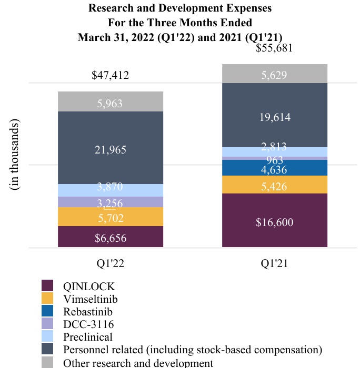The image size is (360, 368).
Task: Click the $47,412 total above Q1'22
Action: coord(110,75)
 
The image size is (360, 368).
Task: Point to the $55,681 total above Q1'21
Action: coord(274,48)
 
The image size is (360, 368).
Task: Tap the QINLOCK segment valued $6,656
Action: coord(110,237)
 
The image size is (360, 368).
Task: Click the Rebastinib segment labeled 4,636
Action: coord(274,168)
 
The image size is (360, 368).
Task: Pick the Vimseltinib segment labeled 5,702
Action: coord(110,217)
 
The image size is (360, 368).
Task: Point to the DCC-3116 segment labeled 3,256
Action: coord(110,202)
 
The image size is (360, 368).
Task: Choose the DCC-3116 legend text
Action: coord(88,324)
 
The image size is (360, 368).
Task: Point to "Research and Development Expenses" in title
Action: coord(181,9)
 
